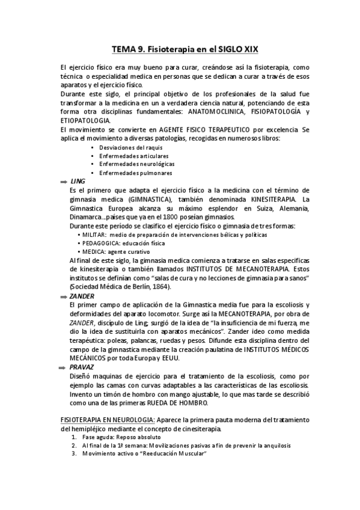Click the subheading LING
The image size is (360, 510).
(78, 181)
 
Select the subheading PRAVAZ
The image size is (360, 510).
(82, 366)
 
